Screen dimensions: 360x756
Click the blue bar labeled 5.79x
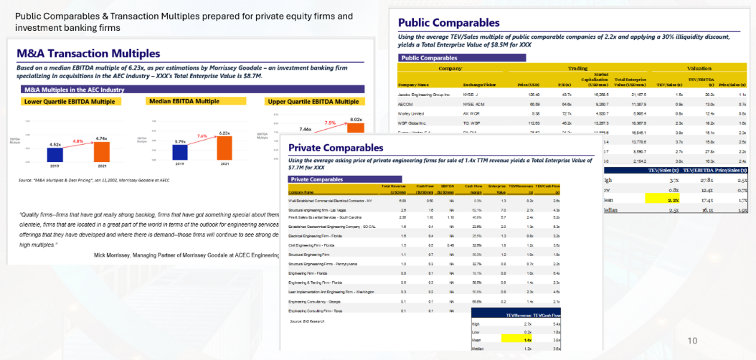pyautogui.click(x=180, y=155)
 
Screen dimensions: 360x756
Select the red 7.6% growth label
pyautogui.click(x=202, y=135)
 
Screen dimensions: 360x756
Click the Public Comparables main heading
pyautogui.click(x=448, y=22)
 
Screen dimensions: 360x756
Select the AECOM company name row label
pyautogui.click(x=408, y=103)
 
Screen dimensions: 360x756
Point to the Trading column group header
pyautogui.click(x=577, y=68)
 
